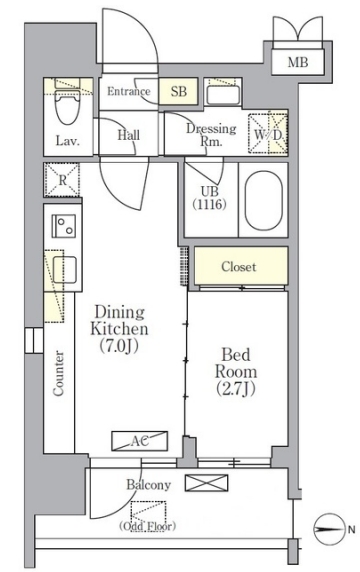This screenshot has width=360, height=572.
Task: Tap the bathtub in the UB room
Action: click(x=263, y=200)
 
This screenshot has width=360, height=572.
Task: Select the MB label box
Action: click(x=298, y=62)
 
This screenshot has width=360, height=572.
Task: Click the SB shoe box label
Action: click(x=179, y=91)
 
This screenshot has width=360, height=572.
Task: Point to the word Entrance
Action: click(x=128, y=91)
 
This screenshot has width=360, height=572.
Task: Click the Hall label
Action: click(x=128, y=135)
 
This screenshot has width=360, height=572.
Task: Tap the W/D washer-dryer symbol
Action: click(x=268, y=134)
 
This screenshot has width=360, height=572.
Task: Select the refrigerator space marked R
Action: click(x=62, y=180)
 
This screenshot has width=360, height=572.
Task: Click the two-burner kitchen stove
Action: click(x=63, y=226)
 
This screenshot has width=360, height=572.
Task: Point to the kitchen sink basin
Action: click(x=65, y=270)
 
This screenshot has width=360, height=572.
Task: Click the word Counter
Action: click(x=58, y=373)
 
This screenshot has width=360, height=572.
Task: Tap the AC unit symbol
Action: click(x=140, y=441)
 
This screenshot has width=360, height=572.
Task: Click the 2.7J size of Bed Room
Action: click(x=236, y=389)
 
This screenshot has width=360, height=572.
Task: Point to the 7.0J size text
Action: click(x=119, y=346)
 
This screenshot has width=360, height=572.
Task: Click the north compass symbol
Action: click(x=329, y=529)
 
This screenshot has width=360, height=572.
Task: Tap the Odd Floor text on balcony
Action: click(x=148, y=526)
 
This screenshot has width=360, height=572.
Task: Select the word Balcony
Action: click(x=148, y=484)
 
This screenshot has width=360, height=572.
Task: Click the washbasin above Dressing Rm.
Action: click(x=223, y=95)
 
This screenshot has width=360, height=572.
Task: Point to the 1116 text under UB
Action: click(x=209, y=204)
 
